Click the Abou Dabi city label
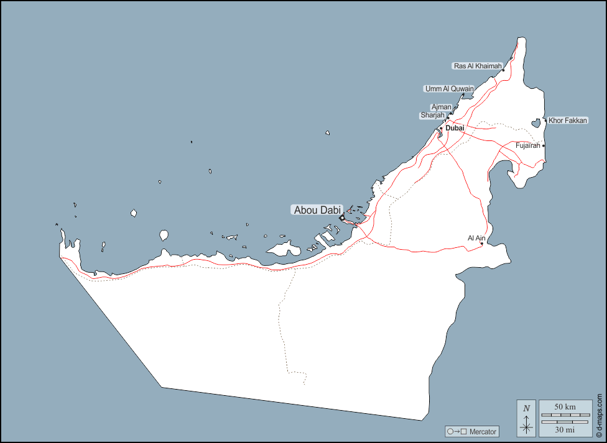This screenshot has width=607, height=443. (x=317, y=210)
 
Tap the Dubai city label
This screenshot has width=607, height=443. (x=455, y=128)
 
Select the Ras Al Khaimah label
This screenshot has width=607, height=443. (x=477, y=66)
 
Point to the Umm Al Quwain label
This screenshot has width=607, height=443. (x=449, y=89)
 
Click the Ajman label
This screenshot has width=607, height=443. (x=441, y=107)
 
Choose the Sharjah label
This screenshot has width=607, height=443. (x=432, y=116)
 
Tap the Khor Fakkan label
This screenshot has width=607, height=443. (x=567, y=121)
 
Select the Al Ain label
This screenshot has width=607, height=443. (x=476, y=238)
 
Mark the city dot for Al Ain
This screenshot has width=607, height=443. (x=482, y=244)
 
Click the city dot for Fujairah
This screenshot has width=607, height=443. (x=544, y=146)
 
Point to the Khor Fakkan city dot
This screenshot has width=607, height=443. (x=545, y=121)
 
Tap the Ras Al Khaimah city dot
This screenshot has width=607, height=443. (x=503, y=70)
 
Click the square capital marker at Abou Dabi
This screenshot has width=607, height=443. (x=342, y=218)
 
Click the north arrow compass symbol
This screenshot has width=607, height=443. (x=526, y=418)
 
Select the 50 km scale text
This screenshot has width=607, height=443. (x=565, y=406)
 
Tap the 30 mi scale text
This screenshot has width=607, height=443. (x=565, y=429)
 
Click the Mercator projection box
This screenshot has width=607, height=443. (x=471, y=431)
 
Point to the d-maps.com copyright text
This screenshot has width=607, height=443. (x=600, y=413)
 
